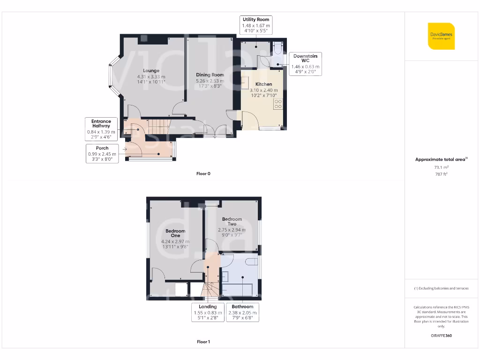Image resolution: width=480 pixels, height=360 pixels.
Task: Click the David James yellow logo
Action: pos(441,36)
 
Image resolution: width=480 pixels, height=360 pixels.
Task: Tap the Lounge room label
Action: pos(151,71)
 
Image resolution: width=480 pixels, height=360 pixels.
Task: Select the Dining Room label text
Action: pos(210,75)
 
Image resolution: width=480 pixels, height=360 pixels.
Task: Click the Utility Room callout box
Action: pos(255,25)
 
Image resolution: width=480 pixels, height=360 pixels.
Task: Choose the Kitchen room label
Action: pos(263,84)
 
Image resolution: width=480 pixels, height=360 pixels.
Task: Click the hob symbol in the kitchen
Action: pos(278,104)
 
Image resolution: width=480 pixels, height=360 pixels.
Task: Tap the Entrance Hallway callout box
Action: pos(101,129)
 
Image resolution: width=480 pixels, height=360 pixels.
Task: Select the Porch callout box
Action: pos(102,154)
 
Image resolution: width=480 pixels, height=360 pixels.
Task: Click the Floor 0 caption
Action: pos(203,174)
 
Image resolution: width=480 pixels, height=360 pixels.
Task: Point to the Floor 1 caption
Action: pos(203,342)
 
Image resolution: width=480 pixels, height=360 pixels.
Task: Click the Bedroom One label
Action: pos(175,233)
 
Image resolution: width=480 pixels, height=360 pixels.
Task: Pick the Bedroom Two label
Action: pos(232,221)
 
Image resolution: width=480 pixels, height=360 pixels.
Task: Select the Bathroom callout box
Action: pos(242,313)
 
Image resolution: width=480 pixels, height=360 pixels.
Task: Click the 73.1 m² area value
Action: pos(441,167)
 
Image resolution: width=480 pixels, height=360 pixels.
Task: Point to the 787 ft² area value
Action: pos(441,174)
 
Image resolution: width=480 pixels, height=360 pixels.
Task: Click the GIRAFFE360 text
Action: pos(441,336)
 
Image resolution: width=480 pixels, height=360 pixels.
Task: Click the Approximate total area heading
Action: pos(441,159)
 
